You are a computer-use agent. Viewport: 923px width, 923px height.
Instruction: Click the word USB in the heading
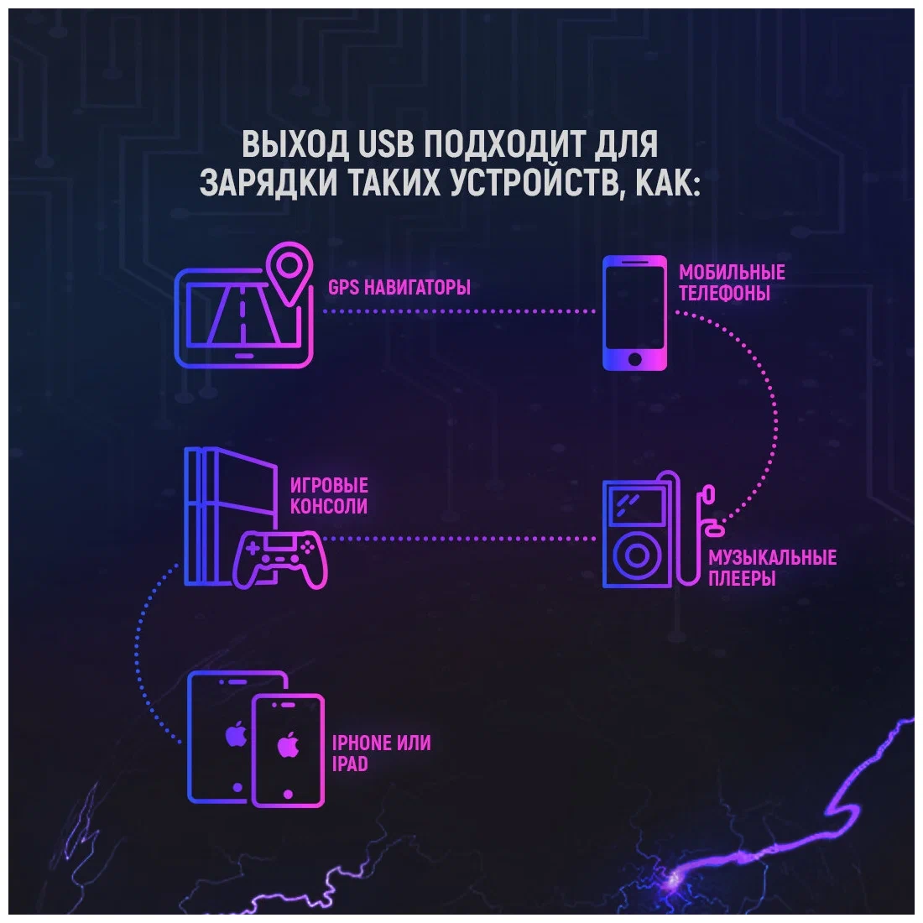point(386,144)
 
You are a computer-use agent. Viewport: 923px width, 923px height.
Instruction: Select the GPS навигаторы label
point(399,287)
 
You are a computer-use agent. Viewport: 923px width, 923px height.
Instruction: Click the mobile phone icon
point(635,313)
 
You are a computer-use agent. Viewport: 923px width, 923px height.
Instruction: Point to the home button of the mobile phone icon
point(635,359)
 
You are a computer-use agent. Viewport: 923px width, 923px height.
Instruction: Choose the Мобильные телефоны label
point(732,283)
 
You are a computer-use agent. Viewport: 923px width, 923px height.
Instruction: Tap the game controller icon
point(279,555)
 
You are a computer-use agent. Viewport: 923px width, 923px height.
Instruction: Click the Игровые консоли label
point(329,496)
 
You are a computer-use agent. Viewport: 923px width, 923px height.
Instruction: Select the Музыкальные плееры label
point(772,568)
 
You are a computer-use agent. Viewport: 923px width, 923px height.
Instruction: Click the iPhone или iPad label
point(381,753)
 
